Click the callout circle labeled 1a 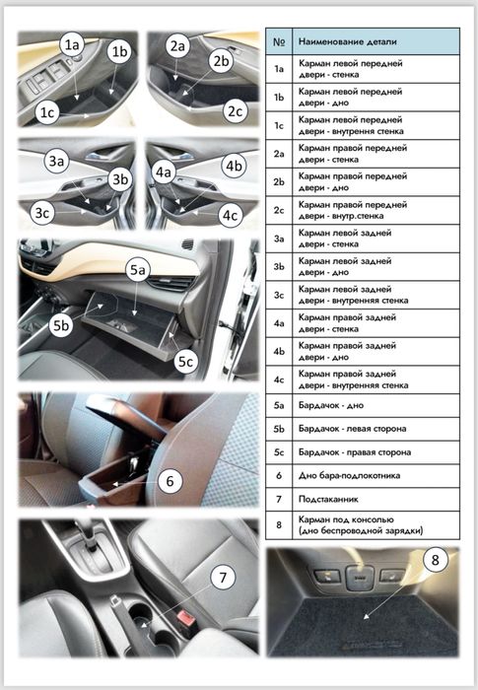click(x=71, y=45)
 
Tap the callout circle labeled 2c click(x=234, y=110)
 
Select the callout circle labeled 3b click(x=120, y=179)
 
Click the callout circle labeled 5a click(x=136, y=268)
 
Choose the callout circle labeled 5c click(x=185, y=361)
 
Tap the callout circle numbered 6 click(x=170, y=481)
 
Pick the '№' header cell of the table click(x=279, y=42)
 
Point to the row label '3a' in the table click(x=279, y=238)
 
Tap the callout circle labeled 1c click(x=46, y=113)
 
